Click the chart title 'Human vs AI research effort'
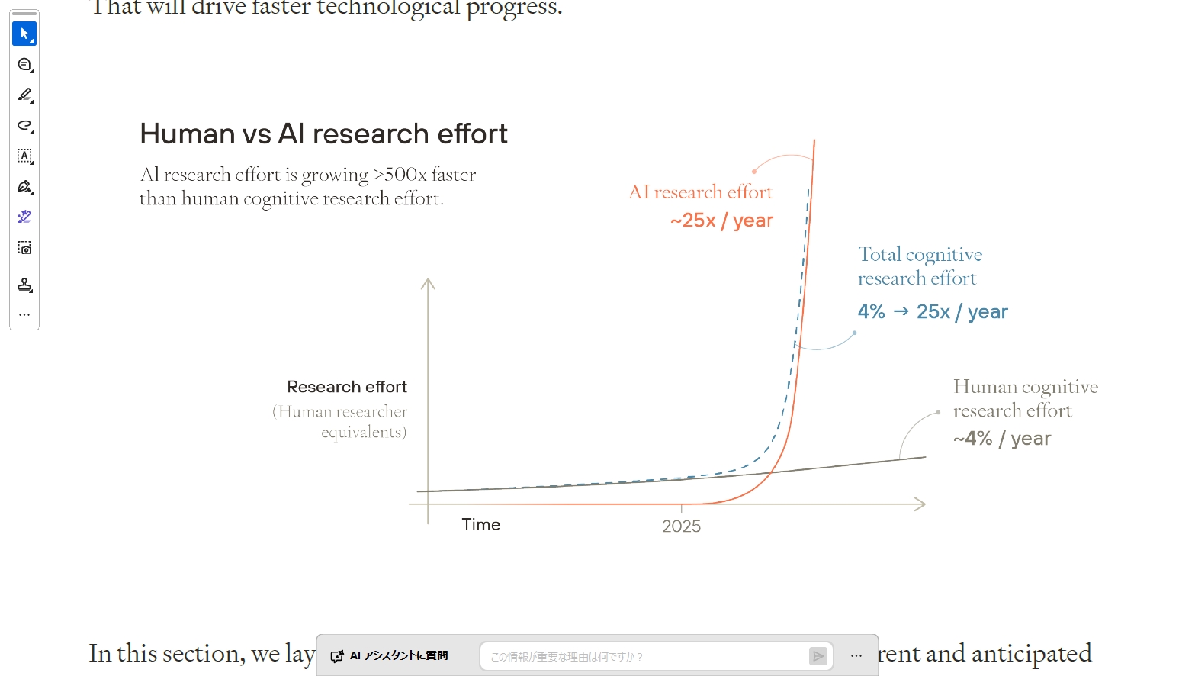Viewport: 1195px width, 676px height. tap(323, 134)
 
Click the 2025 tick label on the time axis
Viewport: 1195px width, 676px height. tap(681, 526)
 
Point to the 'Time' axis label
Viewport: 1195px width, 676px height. tap(481, 525)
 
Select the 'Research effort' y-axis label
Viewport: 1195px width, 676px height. tap(347, 387)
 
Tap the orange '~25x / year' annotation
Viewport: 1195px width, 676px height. tap(721, 221)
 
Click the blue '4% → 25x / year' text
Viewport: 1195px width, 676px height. tap(932, 312)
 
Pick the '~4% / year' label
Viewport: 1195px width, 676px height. tap(1001, 439)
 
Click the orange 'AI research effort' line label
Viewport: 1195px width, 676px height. tap(700, 192)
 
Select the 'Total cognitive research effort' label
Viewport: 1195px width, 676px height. tap(920, 266)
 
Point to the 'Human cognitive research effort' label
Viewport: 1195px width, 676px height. tap(1025, 398)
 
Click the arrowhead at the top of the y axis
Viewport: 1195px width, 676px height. tap(428, 284)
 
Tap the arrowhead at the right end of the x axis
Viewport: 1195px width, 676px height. tap(920, 504)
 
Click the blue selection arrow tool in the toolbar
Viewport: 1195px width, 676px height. tap(24, 34)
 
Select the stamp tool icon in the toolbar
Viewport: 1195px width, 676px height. tap(24, 285)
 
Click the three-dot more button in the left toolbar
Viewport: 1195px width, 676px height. tap(24, 314)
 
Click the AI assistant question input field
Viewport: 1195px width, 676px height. tap(648, 656)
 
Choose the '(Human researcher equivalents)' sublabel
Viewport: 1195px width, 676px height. tap(340, 422)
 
